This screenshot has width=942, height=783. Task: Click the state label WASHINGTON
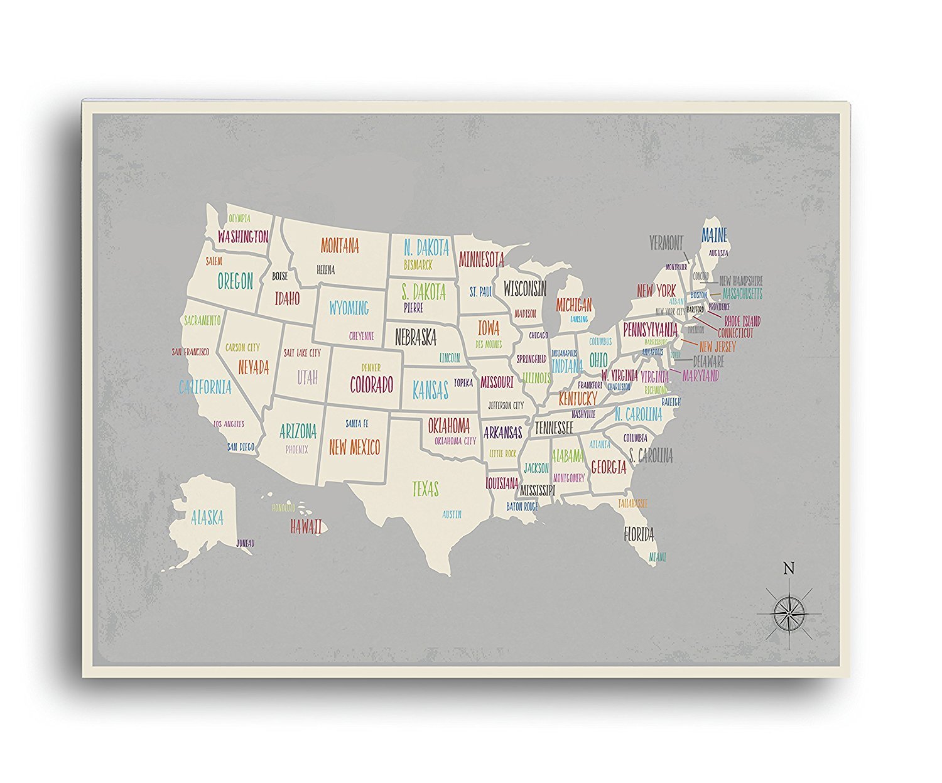[243, 237]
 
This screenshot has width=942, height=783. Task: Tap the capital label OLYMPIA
[239, 219]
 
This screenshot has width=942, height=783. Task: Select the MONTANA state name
[340, 246]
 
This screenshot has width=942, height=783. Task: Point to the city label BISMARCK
[418, 265]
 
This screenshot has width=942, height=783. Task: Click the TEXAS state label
[425, 489]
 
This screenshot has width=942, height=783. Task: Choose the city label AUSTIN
[452, 514]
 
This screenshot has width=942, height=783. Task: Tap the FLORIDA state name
[639, 534]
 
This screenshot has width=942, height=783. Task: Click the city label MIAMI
[657, 557]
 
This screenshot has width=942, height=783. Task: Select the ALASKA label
[207, 517]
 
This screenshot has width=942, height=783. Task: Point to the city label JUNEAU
[246, 543]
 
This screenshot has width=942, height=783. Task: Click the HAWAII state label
[306, 526]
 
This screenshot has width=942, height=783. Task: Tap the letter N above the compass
[789, 569]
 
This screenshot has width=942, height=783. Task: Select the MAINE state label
[714, 235]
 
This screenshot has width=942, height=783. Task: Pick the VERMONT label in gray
[666, 242]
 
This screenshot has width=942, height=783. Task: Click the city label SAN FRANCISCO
[191, 352]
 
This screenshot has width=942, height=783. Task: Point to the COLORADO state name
[371, 384]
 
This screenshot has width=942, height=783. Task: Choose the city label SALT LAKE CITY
[302, 353]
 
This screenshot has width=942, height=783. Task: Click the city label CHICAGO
[538, 335]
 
